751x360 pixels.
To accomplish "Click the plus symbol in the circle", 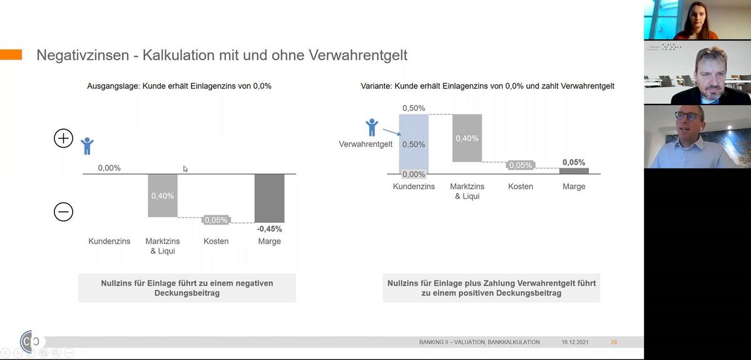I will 63,138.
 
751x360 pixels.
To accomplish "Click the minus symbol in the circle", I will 63,212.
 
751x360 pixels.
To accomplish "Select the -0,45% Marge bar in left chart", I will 269,198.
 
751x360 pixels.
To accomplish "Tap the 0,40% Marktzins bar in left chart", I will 163,195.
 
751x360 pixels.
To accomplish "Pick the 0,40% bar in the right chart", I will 467,138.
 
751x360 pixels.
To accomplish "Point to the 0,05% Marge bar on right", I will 574,170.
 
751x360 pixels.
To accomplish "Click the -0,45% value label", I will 269,229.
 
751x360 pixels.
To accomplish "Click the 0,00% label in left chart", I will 109,168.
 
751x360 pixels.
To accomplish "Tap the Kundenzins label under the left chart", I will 110,241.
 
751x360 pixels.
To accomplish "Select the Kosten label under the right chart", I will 521,187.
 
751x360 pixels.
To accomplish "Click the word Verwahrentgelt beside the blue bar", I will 365,144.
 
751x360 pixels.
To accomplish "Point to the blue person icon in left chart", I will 87,147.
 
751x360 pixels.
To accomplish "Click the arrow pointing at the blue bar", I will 391,132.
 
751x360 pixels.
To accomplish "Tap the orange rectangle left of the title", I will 11,55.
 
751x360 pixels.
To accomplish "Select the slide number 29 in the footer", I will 613,342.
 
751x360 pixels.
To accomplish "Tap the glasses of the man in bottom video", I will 687,116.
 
